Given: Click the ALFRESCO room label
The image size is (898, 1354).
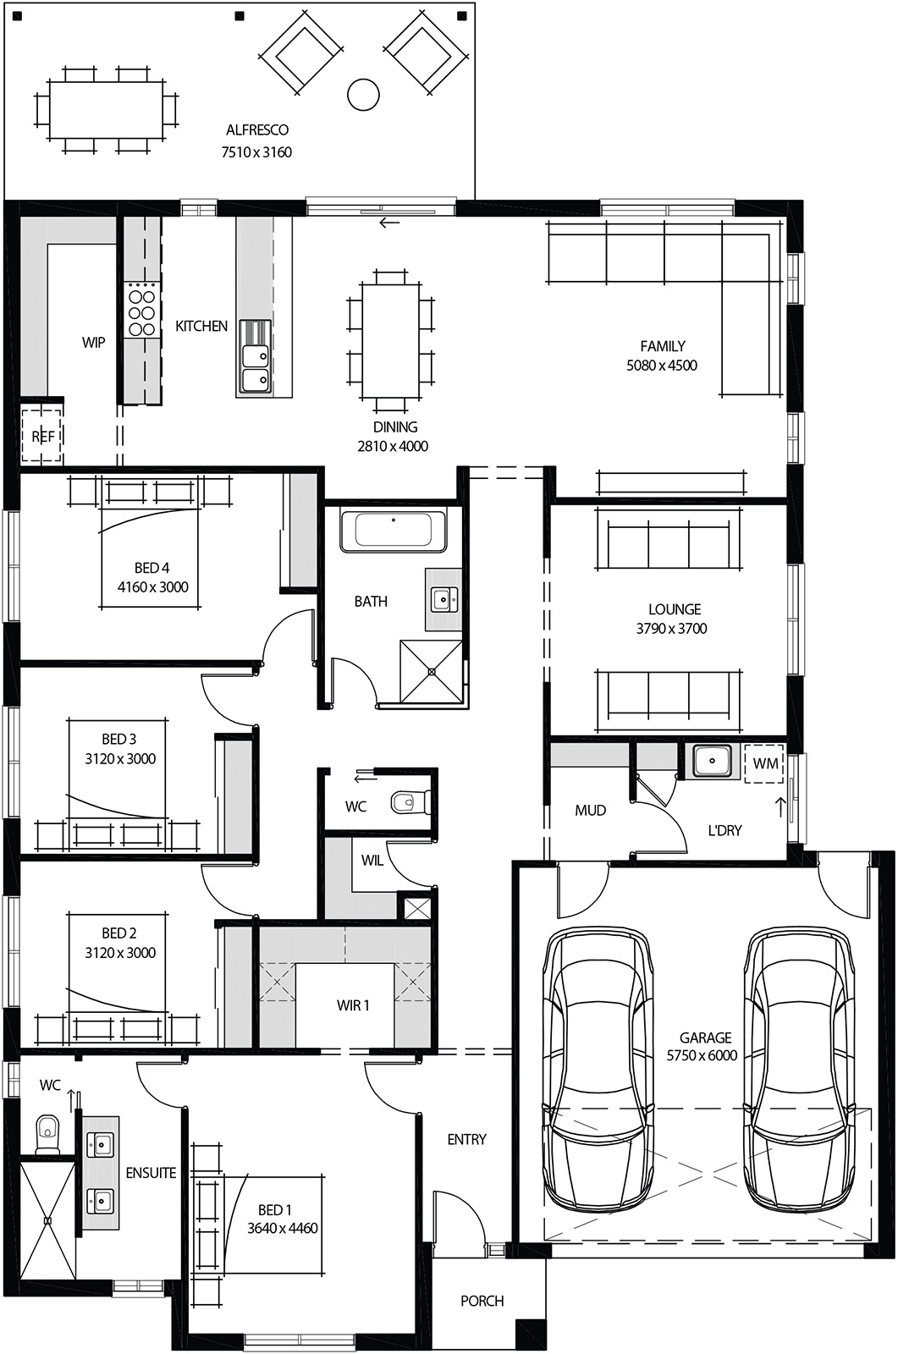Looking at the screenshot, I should pos(256,130).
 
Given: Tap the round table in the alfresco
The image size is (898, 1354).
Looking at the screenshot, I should pos(363,94).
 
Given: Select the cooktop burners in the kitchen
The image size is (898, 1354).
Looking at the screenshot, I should pos(141,310).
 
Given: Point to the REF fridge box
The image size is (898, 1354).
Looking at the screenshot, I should pos(42,437).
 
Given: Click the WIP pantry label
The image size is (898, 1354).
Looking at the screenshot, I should pos(93,343).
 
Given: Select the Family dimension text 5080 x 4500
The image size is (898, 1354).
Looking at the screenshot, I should pos(662,366).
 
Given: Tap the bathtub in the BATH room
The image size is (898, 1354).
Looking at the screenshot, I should pos(394,531).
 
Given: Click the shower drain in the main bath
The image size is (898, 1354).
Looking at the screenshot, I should pos(432,672).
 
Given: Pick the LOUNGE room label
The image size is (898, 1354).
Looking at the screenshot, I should pos(675,609).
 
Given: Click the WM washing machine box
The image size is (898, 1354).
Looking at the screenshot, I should pos(764,763).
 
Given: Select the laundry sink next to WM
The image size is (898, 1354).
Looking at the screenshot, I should pos(710,760).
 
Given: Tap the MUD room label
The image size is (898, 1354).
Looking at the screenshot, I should pos(590,811).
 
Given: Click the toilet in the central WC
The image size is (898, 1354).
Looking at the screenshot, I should pos(411,801).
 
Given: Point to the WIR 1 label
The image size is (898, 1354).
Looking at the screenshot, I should pos(353,1005).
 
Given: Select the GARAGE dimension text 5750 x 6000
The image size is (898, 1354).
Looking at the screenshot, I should pos(702,1056).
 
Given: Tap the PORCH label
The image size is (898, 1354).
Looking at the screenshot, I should pos(482,1301).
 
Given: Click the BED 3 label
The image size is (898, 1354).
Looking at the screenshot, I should pos(118,740).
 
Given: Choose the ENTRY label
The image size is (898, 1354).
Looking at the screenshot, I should pos(466,1140).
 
